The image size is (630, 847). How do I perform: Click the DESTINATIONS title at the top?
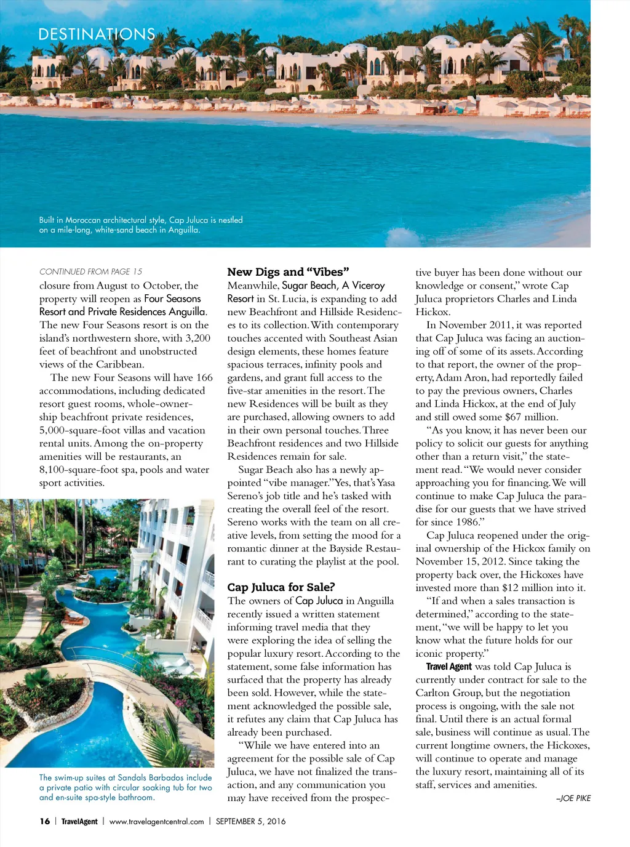click(x=97, y=34)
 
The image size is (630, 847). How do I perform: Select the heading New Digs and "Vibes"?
click(x=288, y=272)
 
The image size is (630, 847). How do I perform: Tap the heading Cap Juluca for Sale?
click(x=281, y=587)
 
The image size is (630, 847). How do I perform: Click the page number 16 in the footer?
click(x=45, y=821)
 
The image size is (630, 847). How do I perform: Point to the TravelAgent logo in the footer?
click(x=79, y=821)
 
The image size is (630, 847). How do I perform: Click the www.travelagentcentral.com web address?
click(x=156, y=821)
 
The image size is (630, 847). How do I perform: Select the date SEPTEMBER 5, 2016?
click(x=250, y=821)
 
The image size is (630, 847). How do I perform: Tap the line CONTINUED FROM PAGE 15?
click(x=90, y=271)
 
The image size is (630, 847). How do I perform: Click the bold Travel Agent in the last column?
click(x=449, y=667)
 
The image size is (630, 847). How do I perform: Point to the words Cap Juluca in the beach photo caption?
click(x=189, y=220)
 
